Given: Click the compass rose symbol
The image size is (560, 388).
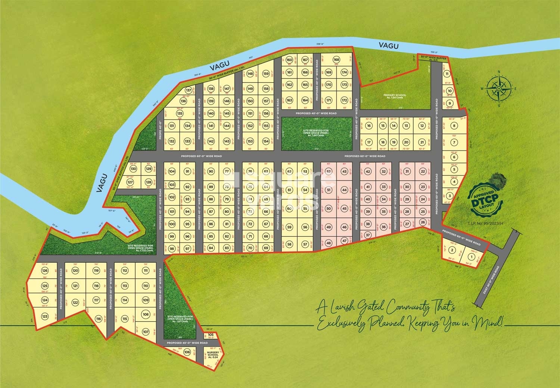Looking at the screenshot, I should [x=498, y=88].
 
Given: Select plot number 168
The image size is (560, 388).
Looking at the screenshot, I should [x=336, y=60].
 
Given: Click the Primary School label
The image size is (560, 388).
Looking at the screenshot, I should [x=394, y=96].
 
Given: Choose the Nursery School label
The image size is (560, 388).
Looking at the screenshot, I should [x=212, y=354].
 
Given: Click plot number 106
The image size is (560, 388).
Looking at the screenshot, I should [x=187, y=352].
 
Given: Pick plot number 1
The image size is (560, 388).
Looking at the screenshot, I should [x=471, y=257].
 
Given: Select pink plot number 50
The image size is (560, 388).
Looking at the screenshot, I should [x=329, y=208].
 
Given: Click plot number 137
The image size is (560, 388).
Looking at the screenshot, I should [x=189, y=90].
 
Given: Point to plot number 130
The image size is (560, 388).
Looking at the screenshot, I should [x=133, y=169].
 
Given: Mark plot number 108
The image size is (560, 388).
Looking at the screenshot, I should [x=145, y=314].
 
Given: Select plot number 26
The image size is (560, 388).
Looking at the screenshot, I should [x=423, y=222].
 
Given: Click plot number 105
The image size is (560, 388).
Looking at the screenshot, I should [x=211, y=335].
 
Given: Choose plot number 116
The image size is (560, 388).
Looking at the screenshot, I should [x=98, y=319].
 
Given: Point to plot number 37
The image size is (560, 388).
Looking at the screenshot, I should [x=368, y=235].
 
